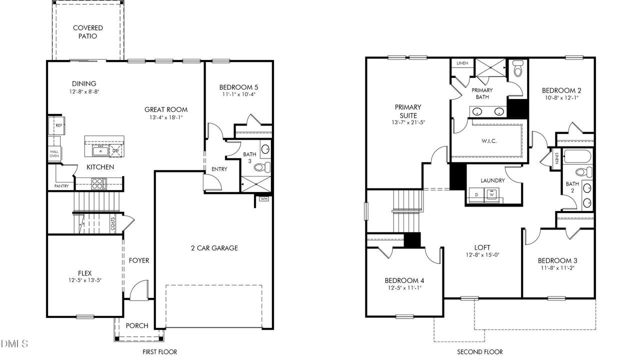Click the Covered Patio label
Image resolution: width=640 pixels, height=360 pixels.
[x=87, y=32]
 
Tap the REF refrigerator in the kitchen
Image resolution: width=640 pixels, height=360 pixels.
[x=56, y=125]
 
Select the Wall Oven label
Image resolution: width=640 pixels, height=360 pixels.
[x=54, y=153]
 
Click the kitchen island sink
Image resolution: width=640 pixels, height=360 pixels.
[x=100, y=151]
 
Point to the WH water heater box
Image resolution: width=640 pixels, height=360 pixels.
[x=264, y=198]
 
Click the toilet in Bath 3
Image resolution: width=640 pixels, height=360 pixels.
[x=262, y=167]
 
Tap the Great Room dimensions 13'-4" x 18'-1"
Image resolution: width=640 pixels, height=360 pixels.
[x=166, y=117]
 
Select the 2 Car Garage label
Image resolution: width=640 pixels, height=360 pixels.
[x=214, y=248]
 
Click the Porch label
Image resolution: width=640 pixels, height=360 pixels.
[x=137, y=325]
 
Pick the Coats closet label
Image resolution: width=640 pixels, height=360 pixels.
[x=113, y=224]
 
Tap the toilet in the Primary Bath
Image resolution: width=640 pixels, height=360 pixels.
[x=517, y=68]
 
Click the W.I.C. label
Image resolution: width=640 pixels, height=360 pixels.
[x=489, y=141]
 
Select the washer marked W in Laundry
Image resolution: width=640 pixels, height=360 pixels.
[x=491, y=195]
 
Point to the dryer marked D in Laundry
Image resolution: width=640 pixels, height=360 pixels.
[x=476, y=195]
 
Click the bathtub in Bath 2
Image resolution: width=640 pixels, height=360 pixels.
[x=577, y=156]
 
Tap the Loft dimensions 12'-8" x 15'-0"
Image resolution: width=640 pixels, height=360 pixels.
[x=482, y=255]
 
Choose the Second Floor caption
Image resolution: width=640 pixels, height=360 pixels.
[x=479, y=352]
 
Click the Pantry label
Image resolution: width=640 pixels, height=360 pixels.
[x=61, y=186]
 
